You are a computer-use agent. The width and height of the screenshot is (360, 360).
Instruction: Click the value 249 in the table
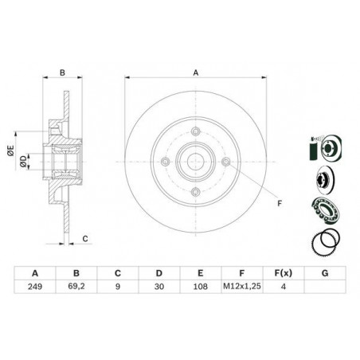tap(35, 287)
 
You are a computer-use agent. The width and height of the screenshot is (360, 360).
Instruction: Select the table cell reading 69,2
tap(76, 287)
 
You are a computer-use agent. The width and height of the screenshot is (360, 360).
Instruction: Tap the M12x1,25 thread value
tap(242, 286)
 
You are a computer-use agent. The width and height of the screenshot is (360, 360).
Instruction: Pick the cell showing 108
tap(201, 287)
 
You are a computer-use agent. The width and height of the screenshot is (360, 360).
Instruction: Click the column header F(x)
tap(284, 273)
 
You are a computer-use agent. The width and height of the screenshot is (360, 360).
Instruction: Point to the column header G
tap(325, 273)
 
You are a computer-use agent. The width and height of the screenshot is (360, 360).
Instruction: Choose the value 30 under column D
tap(159, 287)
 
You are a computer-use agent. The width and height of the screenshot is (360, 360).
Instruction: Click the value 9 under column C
tap(118, 287)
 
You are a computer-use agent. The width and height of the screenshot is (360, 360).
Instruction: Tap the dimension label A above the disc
tap(196, 72)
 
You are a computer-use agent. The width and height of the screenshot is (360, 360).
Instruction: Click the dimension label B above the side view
tap(62, 72)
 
